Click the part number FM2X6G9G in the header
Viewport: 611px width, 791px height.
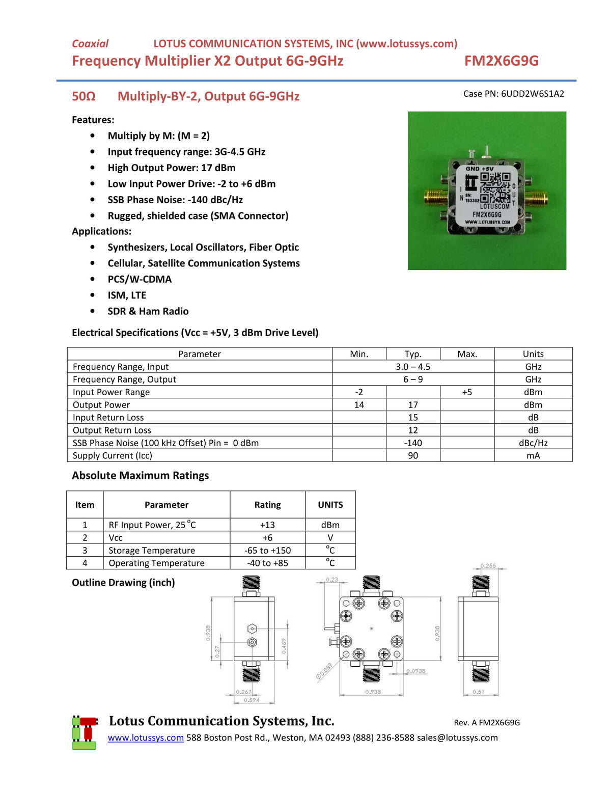pos(501,61)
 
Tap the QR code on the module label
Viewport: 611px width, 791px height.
pos(495,188)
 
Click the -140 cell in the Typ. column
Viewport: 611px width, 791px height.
pos(413,443)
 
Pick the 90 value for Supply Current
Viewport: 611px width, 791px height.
pos(413,456)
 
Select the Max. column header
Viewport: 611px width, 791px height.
pos(467,354)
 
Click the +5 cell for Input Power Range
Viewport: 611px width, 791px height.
pos(467,392)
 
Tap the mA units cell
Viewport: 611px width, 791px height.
pos(533,456)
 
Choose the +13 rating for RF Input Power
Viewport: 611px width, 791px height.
pos(267,525)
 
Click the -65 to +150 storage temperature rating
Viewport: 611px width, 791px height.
pos(267,551)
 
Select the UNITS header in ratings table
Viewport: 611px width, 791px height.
pos(330,505)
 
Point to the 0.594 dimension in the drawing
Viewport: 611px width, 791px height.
pos(251,700)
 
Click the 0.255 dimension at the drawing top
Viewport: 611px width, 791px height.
pos(488,566)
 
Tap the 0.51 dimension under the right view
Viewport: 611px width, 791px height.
pos(478,692)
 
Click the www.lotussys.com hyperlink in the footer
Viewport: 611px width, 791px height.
pos(146,738)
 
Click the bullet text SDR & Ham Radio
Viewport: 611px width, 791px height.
pos(148,311)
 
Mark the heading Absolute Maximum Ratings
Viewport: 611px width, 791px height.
pos(141,476)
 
